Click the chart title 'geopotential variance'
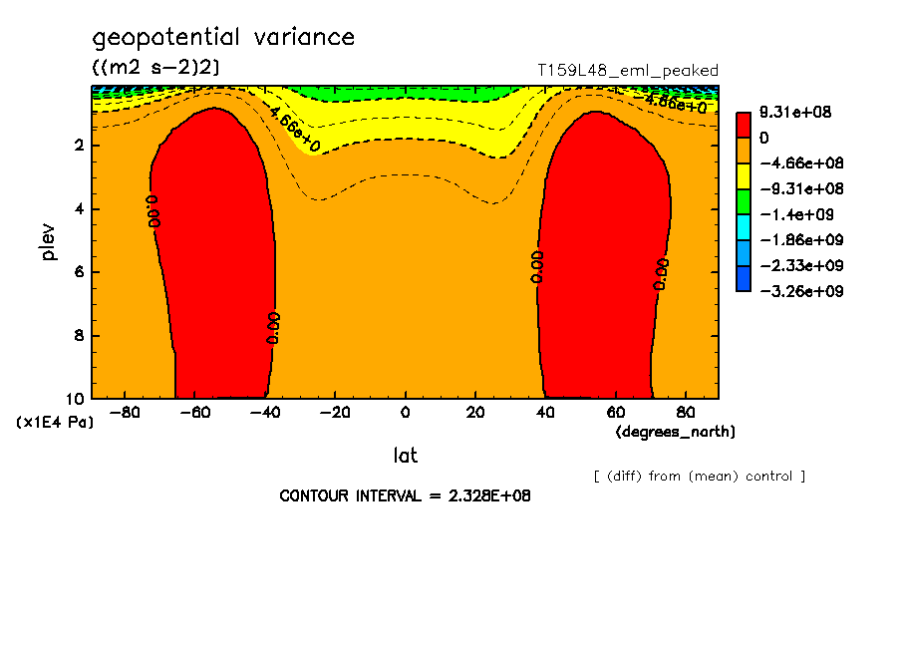coord(223,38)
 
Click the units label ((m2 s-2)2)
coord(156,67)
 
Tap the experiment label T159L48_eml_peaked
coord(627,71)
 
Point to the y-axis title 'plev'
coord(49,242)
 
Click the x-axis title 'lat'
coord(405,456)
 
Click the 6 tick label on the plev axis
coord(79,272)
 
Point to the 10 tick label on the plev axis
coord(75,399)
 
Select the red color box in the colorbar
coord(743,125)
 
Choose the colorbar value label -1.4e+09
coord(794,214)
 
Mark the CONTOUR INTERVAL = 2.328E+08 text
coord(405,495)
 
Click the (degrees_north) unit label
coord(676,432)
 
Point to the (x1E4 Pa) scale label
coord(55,423)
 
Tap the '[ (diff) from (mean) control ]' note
coord(699,476)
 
